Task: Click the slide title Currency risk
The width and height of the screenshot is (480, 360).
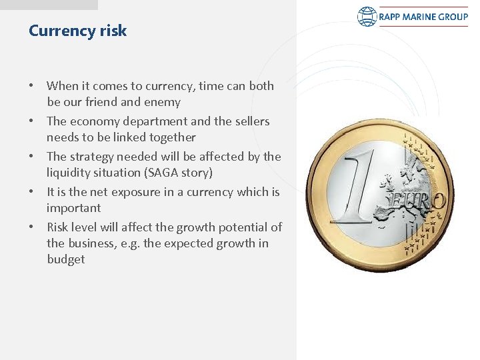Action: pyautogui.click(x=77, y=31)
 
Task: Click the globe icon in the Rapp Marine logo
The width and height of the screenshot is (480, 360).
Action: pyautogui.click(x=367, y=17)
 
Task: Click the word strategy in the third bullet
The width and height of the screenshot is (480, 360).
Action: pyautogui.click(x=91, y=157)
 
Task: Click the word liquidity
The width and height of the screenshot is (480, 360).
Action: pyautogui.click(x=70, y=173)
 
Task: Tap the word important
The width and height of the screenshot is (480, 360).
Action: pyautogui.click(x=73, y=208)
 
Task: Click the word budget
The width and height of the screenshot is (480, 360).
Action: pyautogui.click(x=65, y=259)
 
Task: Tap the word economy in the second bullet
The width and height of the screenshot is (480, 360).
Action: pyautogui.click(x=93, y=121)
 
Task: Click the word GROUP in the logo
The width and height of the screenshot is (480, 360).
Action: pyautogui.click(x=455, y=17)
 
